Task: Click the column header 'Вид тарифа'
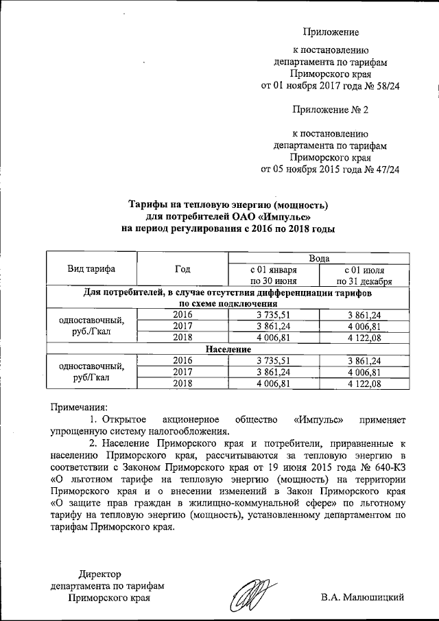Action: coord(91,269)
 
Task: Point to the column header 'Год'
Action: coord(182,269)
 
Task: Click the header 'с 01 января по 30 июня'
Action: coord(273,275)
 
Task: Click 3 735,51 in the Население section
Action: coord(273,360)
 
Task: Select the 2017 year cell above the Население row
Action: coord(182,326)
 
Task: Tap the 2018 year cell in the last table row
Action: coord(182,384)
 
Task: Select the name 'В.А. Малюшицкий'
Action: coord(361,597)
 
